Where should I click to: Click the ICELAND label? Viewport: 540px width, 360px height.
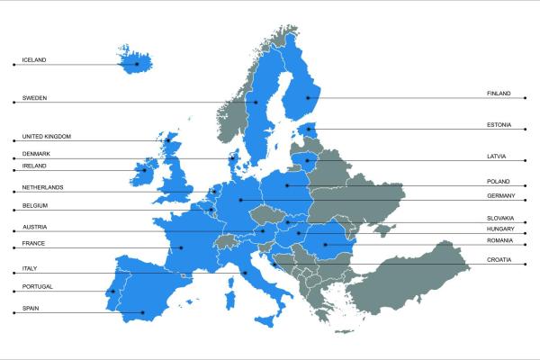pos(34,60)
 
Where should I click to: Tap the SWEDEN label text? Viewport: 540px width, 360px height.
pos(34,97)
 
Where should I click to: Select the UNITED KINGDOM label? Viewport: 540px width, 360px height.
pos(46,137)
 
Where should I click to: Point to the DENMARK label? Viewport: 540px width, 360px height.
pos(37,154)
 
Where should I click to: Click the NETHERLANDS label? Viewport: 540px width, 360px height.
pos(42,187)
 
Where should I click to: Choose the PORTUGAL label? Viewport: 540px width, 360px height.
pos(37,287)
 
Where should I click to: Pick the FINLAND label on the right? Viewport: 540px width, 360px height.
pos(499,94)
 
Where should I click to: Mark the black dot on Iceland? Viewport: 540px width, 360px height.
pos(137,64)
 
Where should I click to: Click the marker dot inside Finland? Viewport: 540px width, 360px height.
pos(308,97)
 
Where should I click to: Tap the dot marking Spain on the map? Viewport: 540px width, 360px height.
pos(143,312)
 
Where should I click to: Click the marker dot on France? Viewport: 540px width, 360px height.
pos(181,247)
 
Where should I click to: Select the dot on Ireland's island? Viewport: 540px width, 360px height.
pos(144,169)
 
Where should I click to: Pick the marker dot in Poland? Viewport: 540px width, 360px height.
pos(287,185)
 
